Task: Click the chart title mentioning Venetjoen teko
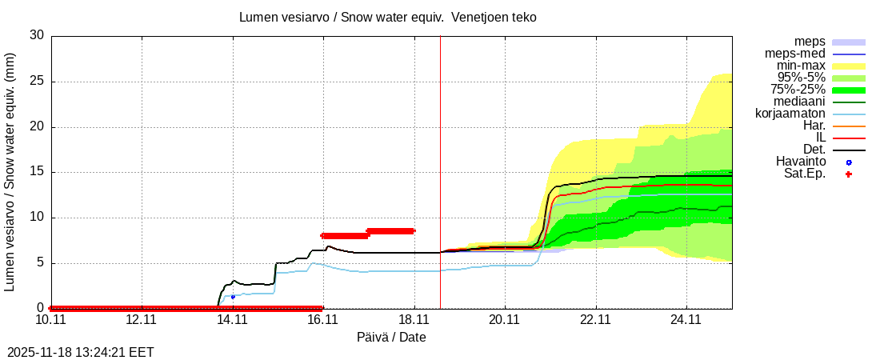click(388, 17)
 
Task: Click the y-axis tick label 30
click(37, 35)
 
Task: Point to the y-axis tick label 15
click(37, 172)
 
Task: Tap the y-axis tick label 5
click(40, 263)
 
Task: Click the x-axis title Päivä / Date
click(391, 337)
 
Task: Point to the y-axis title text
click(11, 171)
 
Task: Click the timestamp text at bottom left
click(81, 352)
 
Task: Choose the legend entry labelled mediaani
click(799, 102)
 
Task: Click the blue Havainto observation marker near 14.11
click(233, 297)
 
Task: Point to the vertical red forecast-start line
click(440, 160)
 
